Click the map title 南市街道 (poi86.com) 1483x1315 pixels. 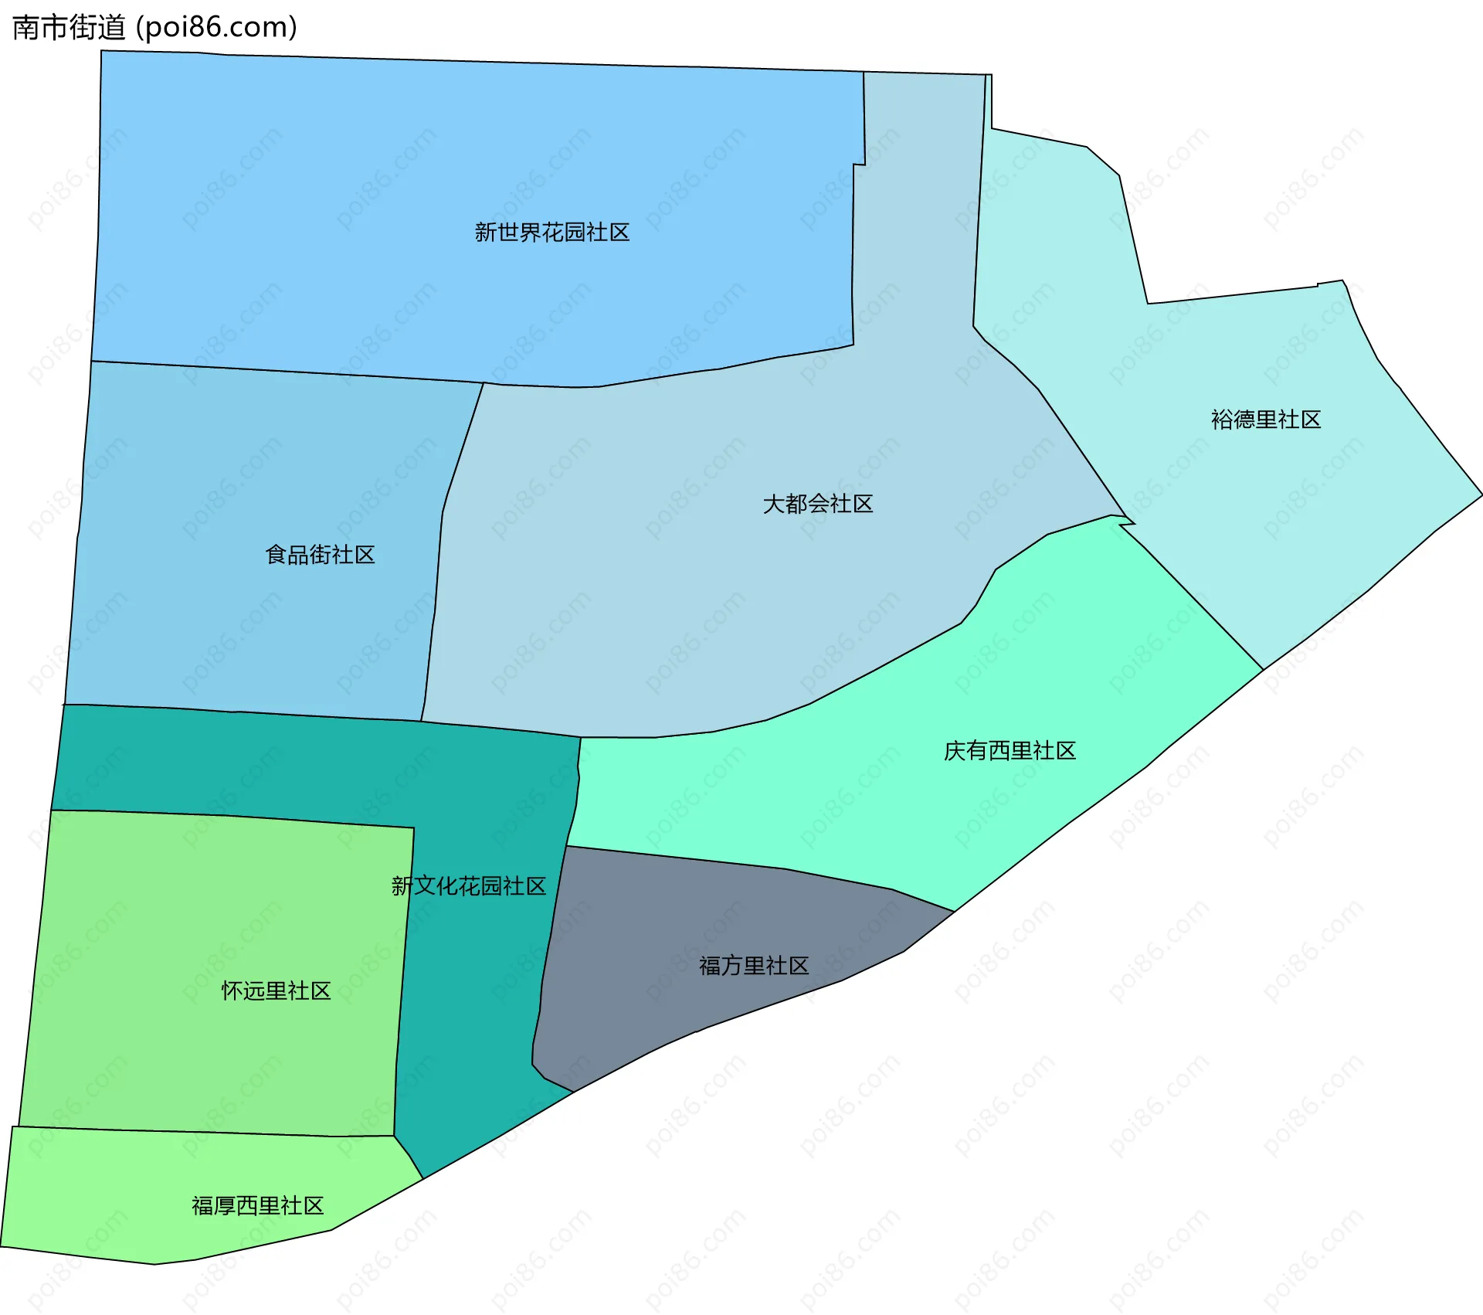(x=154, y=28)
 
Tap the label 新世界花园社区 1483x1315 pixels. (x=551, y=233)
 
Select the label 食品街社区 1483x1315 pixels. (x=320, y=555)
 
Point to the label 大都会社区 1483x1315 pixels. (x=817, y=505)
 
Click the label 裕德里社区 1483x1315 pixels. (x=1265, y=420)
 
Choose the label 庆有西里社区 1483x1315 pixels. (x=1010, y=751)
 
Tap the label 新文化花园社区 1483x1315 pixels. (x=469, y=886)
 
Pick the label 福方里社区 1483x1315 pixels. (x=753, y=966)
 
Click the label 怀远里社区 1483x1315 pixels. (x=276, y=991)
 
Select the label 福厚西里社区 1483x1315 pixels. (x=257, y=1206)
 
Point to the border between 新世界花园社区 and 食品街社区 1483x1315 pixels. (x=286, y=372)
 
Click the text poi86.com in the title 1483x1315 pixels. (x=216, y=28)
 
